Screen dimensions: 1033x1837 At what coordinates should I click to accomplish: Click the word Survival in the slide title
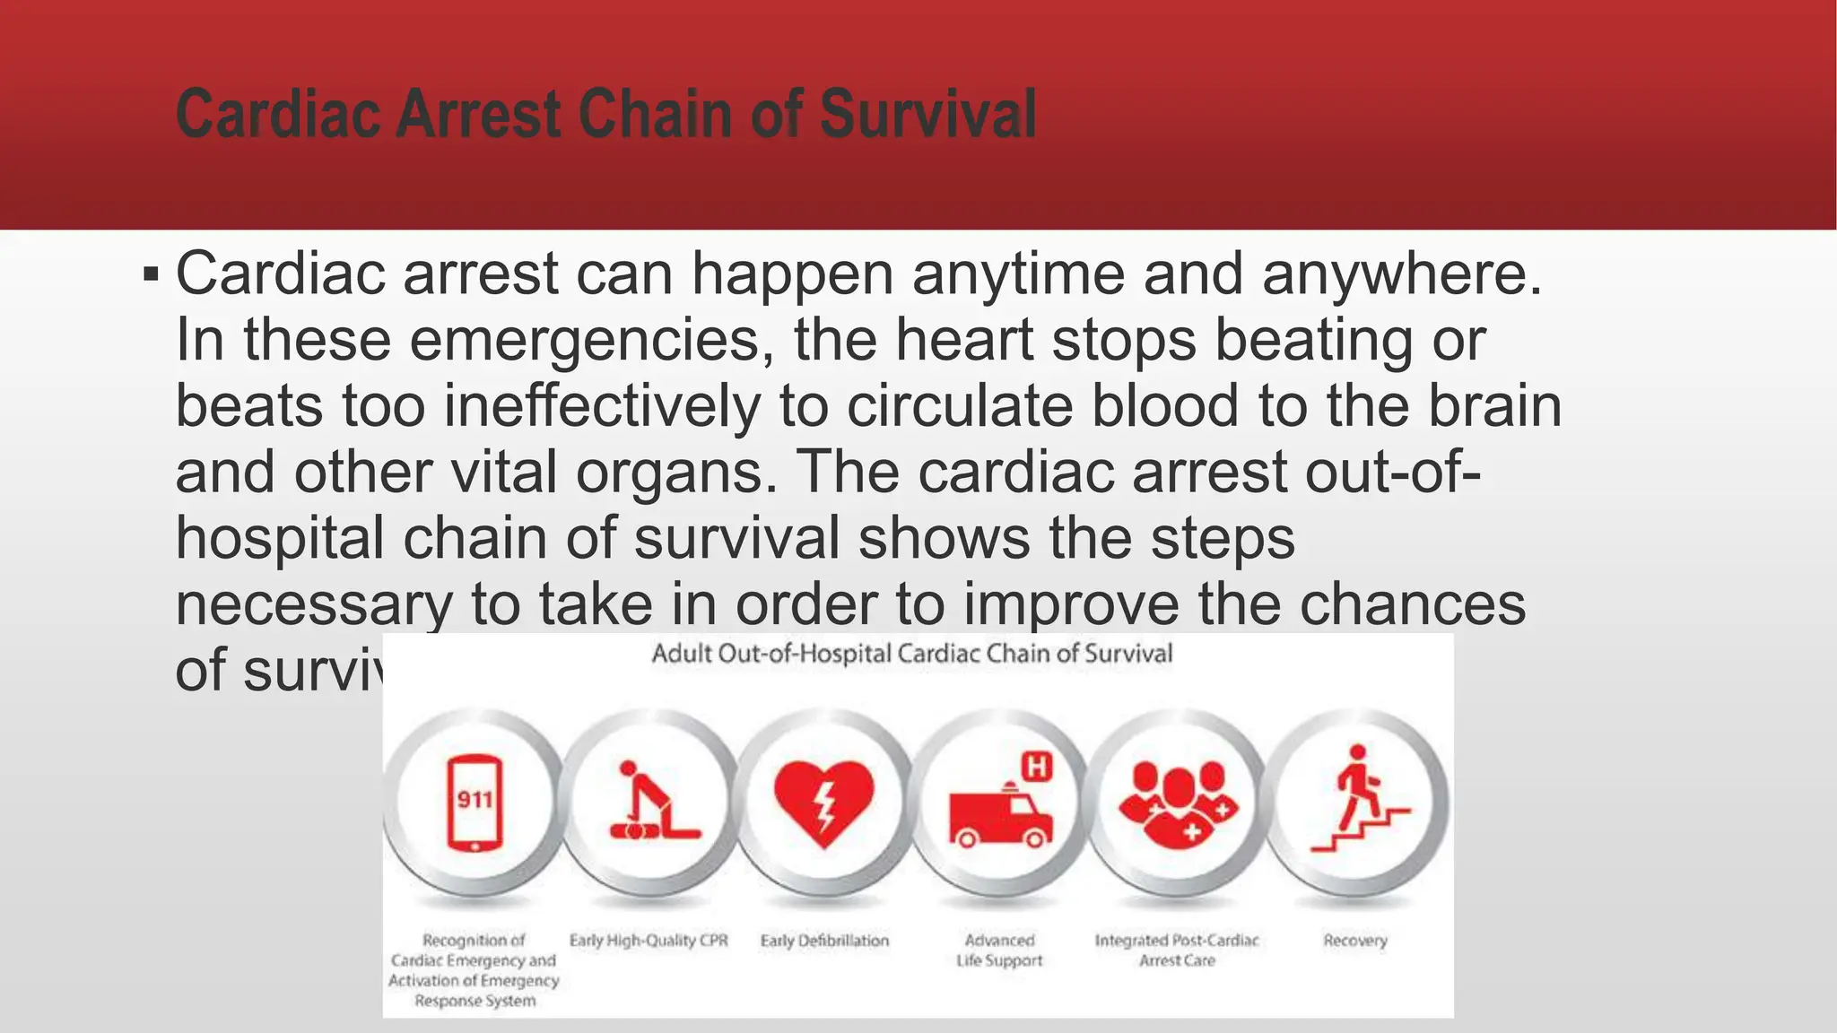coord(927,115)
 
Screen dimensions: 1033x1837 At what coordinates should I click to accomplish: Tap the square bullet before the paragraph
coord(151,274)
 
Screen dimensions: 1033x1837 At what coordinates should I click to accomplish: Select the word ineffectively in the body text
coord(602,406)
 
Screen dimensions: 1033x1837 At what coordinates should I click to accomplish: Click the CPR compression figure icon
coord(650,802)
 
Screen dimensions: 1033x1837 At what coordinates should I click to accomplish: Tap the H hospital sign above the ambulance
coord(1037,767)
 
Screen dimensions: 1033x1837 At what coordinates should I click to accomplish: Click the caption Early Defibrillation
coord(824,941)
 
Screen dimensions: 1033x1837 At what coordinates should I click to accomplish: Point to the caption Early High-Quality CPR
coord(649,941)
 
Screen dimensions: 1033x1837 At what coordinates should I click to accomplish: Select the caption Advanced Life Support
coord(999,951)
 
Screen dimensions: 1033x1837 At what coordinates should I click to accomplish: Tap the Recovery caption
coord(1354,941)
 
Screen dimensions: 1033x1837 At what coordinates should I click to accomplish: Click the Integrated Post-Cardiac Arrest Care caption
coord(1177,951)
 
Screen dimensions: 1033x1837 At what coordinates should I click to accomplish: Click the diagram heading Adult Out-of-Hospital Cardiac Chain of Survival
coord(911,654)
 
